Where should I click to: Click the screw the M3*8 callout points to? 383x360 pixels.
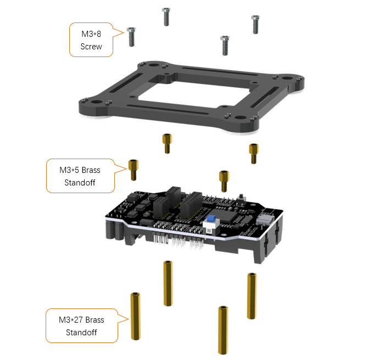coord(131,37)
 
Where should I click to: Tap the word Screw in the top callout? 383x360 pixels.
coord(91,47)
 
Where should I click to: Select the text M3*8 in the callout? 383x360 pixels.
coord(91,34)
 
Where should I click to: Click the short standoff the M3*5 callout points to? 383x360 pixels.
coord(134,170)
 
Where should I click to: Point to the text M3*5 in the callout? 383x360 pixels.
coord(69,170)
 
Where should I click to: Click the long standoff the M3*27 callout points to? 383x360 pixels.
coord(136,316)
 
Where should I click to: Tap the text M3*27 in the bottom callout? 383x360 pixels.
coord(71,320)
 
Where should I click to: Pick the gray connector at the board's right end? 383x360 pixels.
coord(264,220)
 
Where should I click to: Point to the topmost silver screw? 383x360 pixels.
coord(166,17)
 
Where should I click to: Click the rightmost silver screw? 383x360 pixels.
coord(256,25)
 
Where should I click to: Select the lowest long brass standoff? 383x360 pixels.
coord(223,330)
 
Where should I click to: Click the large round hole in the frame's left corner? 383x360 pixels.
coord(96,103)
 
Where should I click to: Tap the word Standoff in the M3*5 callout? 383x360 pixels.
coord(80,183)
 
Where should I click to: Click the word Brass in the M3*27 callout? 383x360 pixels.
coord(95,320)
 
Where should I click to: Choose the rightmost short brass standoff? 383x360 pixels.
coord(254,154)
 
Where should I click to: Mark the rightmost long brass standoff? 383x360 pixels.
coord(252,296)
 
